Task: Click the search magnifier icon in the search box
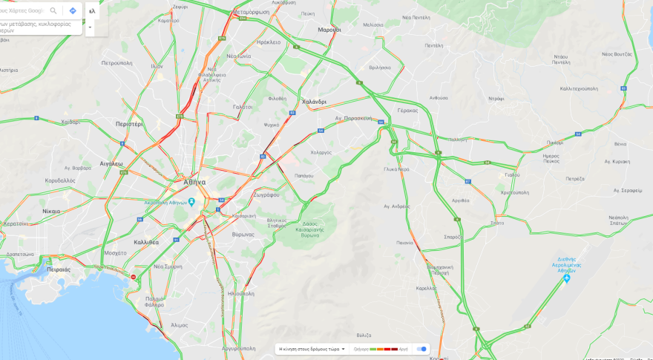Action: point(53,10)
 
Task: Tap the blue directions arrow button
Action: point(73,10)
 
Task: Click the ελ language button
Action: point(92,11)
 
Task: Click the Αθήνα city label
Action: point(194,182)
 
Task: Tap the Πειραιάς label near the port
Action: point(59,269)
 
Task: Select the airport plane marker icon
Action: point(567,278)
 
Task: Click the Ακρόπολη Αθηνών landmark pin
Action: point(192,202)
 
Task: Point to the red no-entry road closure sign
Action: point(134,277)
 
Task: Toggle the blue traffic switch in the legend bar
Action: point(421,349)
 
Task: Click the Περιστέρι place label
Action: point(129,124)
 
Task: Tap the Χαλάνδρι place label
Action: point(314,102)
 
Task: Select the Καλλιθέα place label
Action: point(146,242)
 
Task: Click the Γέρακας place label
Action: point(407,110)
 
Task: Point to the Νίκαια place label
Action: point(51,211)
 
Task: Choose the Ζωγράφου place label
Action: point(266,194)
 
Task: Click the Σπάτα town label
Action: point(497,223)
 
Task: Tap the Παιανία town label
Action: point(404,243)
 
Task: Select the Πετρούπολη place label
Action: point(117,63)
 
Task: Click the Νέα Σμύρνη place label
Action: point(168,266)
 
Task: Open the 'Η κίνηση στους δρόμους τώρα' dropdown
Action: point(312,349)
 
